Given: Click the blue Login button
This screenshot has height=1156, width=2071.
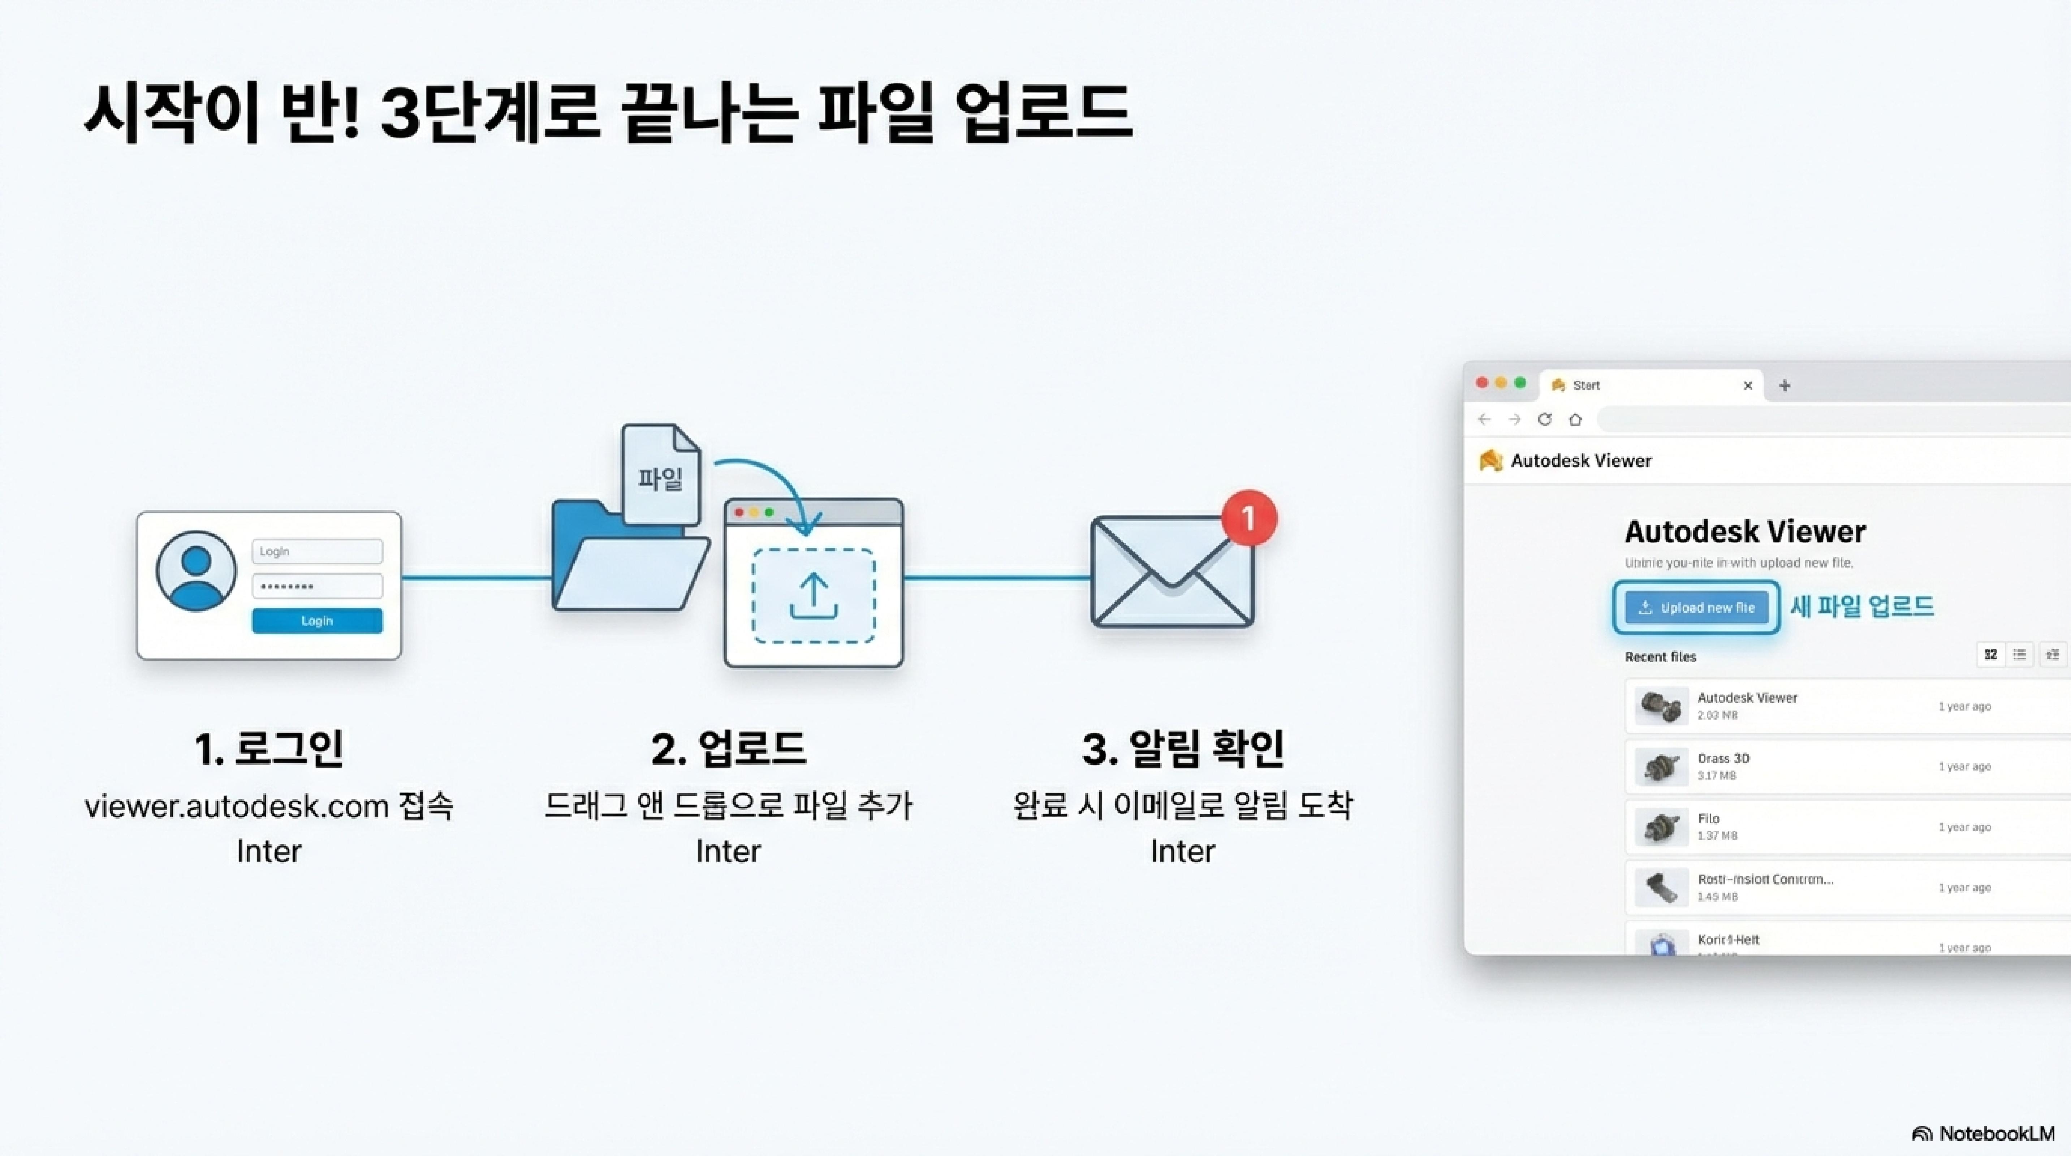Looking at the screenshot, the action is coord(317,621).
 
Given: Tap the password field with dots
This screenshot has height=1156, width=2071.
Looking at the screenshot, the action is coord(317,586).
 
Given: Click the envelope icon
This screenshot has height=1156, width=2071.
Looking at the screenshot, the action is coord(1172,572).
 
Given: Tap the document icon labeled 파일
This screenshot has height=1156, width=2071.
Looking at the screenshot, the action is coord(661,476).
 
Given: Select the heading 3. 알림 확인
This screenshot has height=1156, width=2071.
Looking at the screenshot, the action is coord(1183,749).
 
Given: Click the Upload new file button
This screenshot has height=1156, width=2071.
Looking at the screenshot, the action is coord(1696,608).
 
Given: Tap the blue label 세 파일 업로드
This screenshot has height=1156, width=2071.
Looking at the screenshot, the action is coord(1861,606).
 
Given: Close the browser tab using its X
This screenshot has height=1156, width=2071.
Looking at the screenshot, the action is coord(1747,386).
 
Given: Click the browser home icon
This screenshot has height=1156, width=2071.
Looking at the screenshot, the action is coord(1575,420).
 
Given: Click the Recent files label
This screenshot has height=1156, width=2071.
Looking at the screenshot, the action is coord(1660,657).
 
